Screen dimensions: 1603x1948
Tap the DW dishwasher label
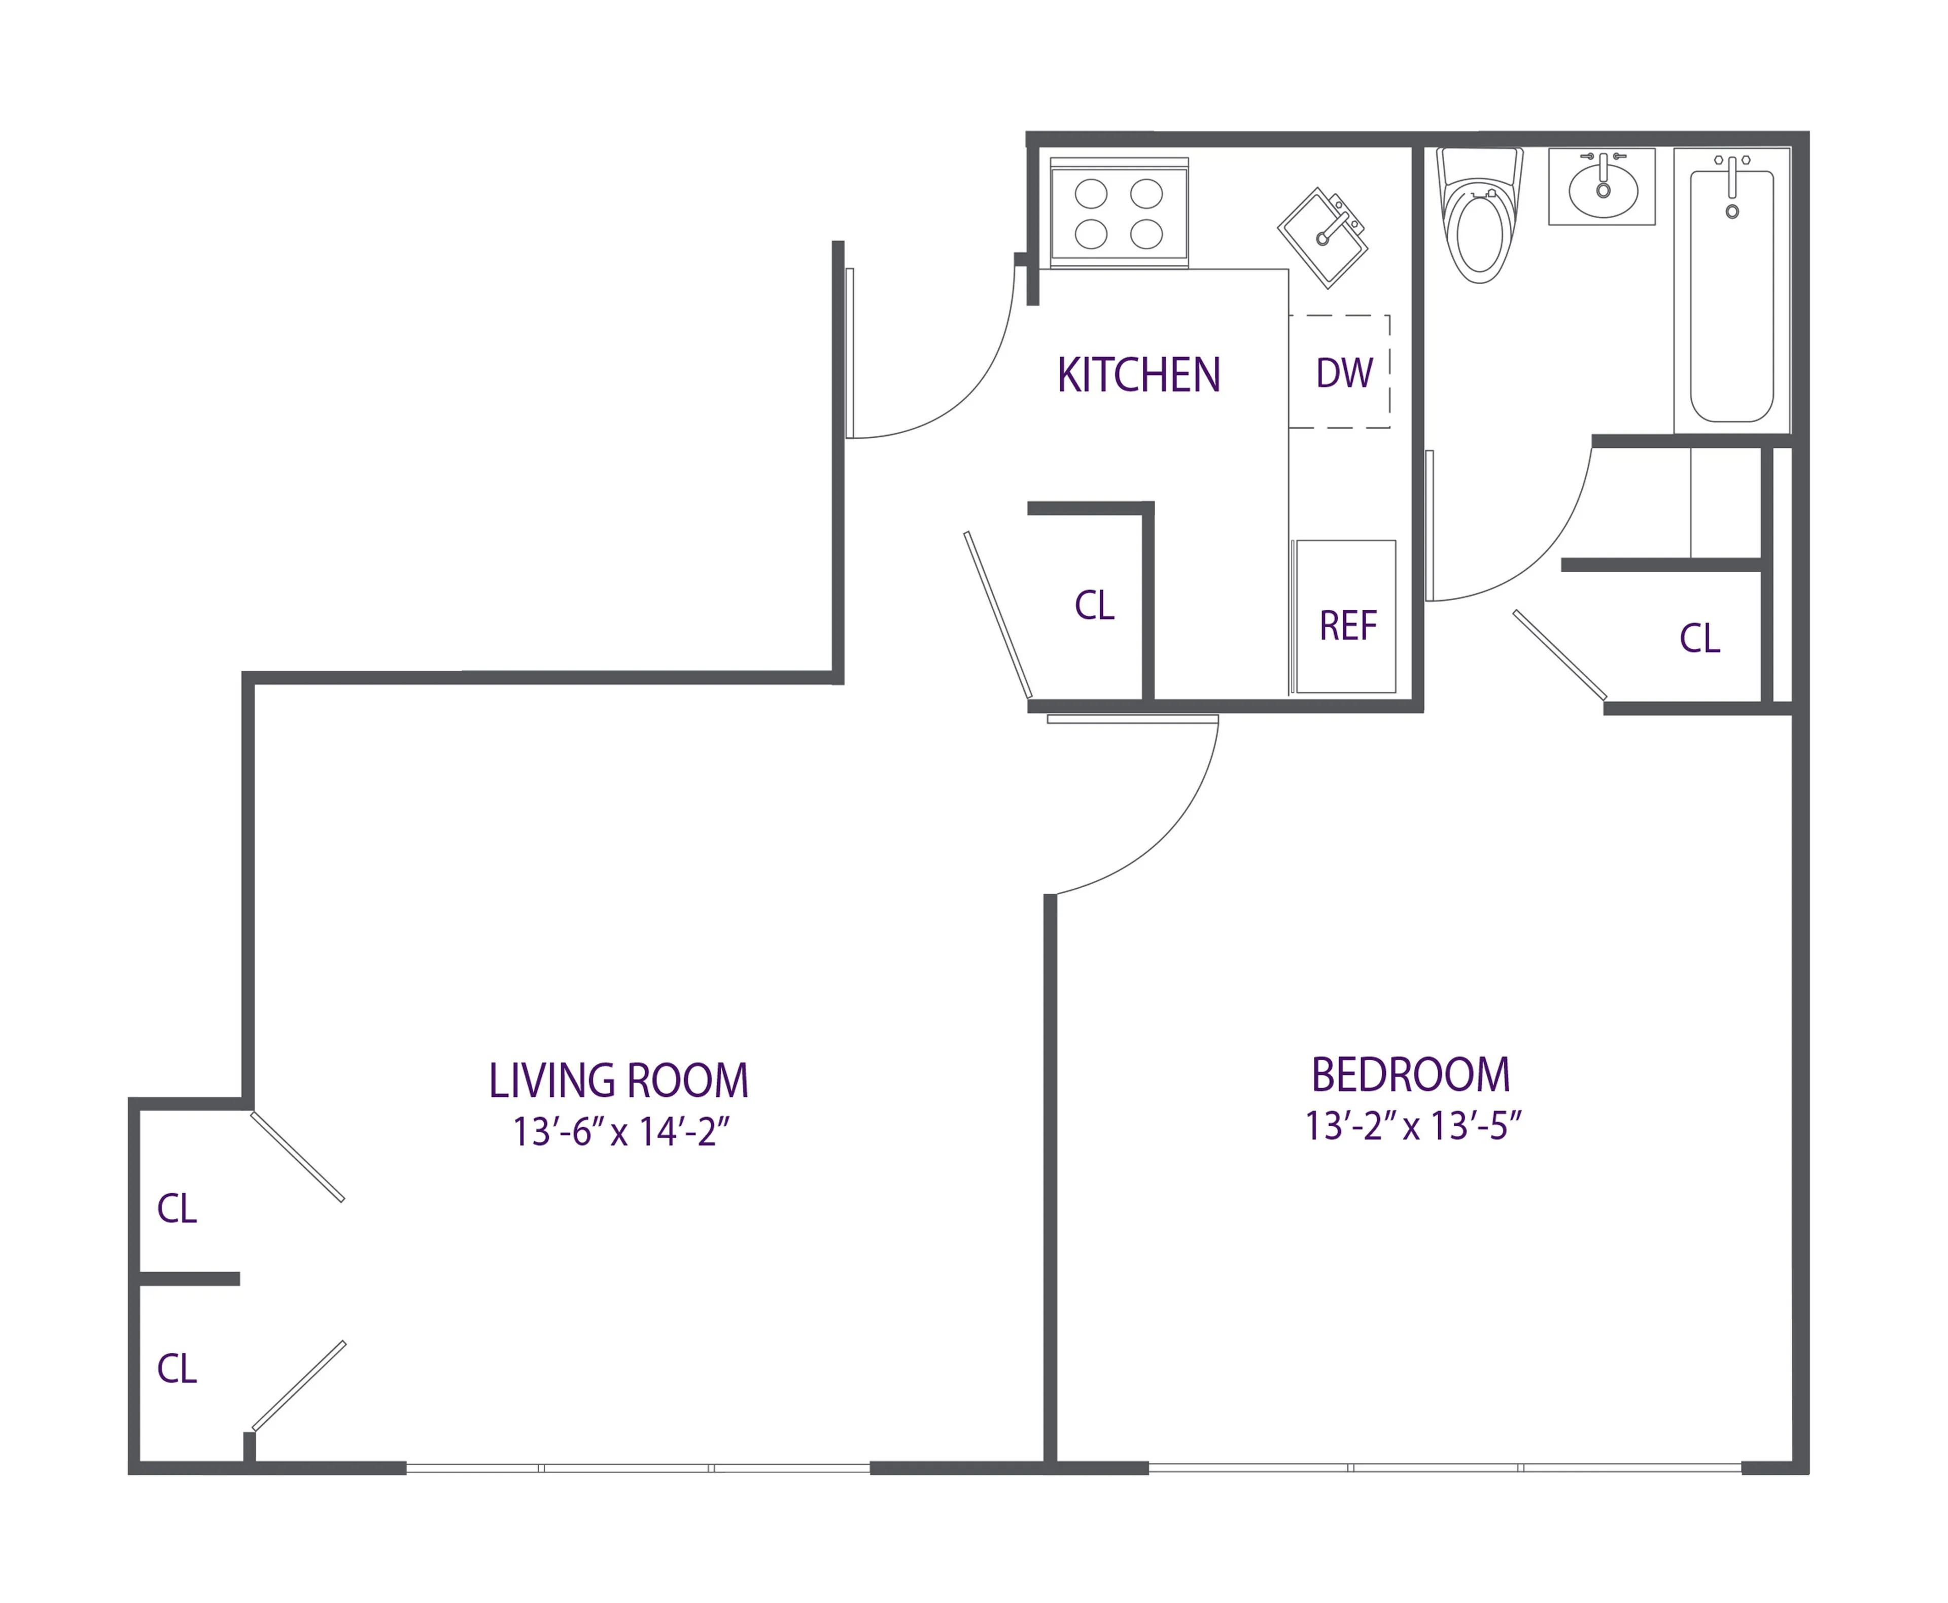pyautogui.click(x=1344, y=373)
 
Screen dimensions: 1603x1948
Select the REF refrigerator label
pyautogui.click(x=1347, y=626)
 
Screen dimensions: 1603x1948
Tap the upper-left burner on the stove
pyautogui.click(x=1090, y=194)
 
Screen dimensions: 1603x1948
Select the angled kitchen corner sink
pyautogui.click(x=1322, y=237)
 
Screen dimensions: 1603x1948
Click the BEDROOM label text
pyautogui.click(x=1410, y=1075)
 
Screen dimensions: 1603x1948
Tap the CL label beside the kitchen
pyautogui.click(x=1094, y=606)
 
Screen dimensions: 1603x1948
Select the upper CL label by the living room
pyautogui.click(x=177, y=1209)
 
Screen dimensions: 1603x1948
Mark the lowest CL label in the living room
pyautogui.click(x=177, y=1369)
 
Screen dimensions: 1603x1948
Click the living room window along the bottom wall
pyautogui.click(x=637, y=1467)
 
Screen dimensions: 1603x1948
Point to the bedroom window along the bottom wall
pyautogui.click(x=1444, y=1467)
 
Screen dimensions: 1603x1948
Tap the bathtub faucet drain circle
pyautogui.click(x=1732, y=212)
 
